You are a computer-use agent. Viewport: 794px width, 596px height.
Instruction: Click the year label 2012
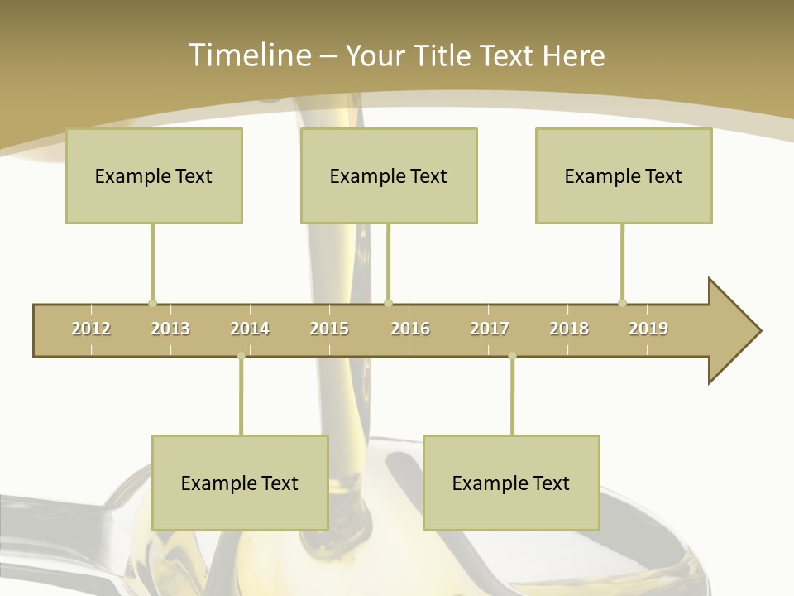91,329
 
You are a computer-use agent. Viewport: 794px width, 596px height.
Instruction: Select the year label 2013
170,329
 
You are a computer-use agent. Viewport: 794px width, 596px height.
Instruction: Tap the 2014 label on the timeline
250,329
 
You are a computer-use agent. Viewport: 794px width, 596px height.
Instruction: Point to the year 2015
329,329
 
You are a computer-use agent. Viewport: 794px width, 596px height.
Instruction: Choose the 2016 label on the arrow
410,329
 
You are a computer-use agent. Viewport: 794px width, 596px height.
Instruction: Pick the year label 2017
490,329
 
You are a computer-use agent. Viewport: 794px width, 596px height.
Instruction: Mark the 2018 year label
569,329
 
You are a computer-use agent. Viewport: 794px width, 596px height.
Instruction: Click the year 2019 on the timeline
648,329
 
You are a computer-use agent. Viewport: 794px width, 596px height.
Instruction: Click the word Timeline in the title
248,55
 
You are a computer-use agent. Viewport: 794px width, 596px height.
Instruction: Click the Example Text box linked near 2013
154,175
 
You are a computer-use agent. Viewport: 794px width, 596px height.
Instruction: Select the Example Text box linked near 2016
389,175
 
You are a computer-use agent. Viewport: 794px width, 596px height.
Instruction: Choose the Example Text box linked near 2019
624,175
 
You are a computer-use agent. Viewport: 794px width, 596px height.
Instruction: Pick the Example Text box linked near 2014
240,483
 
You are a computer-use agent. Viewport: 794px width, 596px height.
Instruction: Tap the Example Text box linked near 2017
511,483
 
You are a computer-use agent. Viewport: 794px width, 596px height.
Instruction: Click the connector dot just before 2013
152,303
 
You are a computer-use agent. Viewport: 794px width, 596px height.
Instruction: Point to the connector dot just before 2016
389,303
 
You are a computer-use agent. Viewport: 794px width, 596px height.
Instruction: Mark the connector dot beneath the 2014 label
241,357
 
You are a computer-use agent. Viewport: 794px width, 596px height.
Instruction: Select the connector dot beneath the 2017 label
512,357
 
